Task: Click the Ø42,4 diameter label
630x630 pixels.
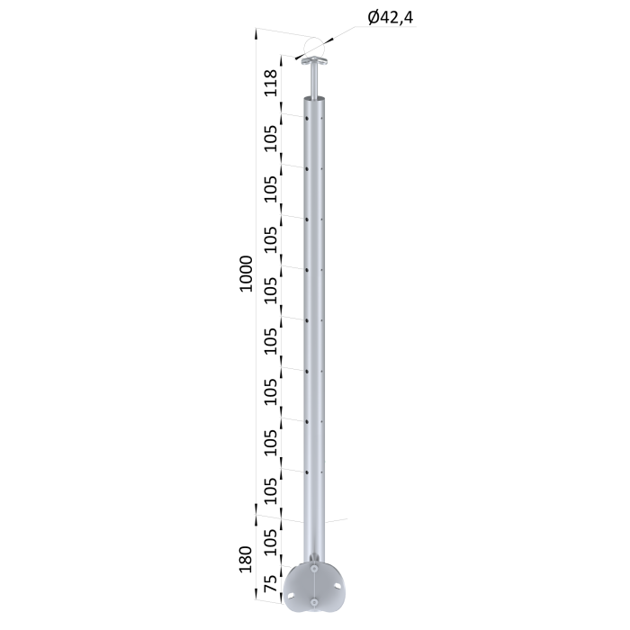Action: pos(391,18)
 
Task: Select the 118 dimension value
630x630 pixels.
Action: pos(271,83)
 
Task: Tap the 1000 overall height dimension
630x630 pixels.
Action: pos(246,274)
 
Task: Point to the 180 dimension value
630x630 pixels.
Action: pos(245,559)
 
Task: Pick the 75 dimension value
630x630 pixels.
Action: pos(271,583)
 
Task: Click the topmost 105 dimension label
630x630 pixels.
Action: pos(271,139)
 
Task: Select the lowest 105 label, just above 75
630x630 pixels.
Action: pos(271,543)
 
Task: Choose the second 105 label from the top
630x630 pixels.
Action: pos(271,189)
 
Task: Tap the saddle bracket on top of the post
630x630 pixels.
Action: pos(315,61)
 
